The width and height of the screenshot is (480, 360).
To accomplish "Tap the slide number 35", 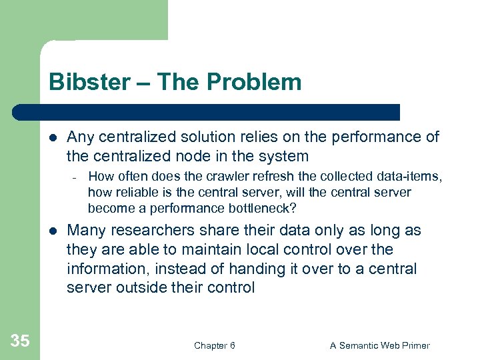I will (20, 341).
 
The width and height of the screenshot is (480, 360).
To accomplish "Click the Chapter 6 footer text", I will (214, 345).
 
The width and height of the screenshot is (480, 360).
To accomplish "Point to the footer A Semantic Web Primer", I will (380, 345).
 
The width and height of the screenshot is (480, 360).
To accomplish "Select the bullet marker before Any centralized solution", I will (54, 138).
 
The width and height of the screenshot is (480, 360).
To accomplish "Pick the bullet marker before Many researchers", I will (54, 231).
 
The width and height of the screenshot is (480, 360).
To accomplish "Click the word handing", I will (256, 269).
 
